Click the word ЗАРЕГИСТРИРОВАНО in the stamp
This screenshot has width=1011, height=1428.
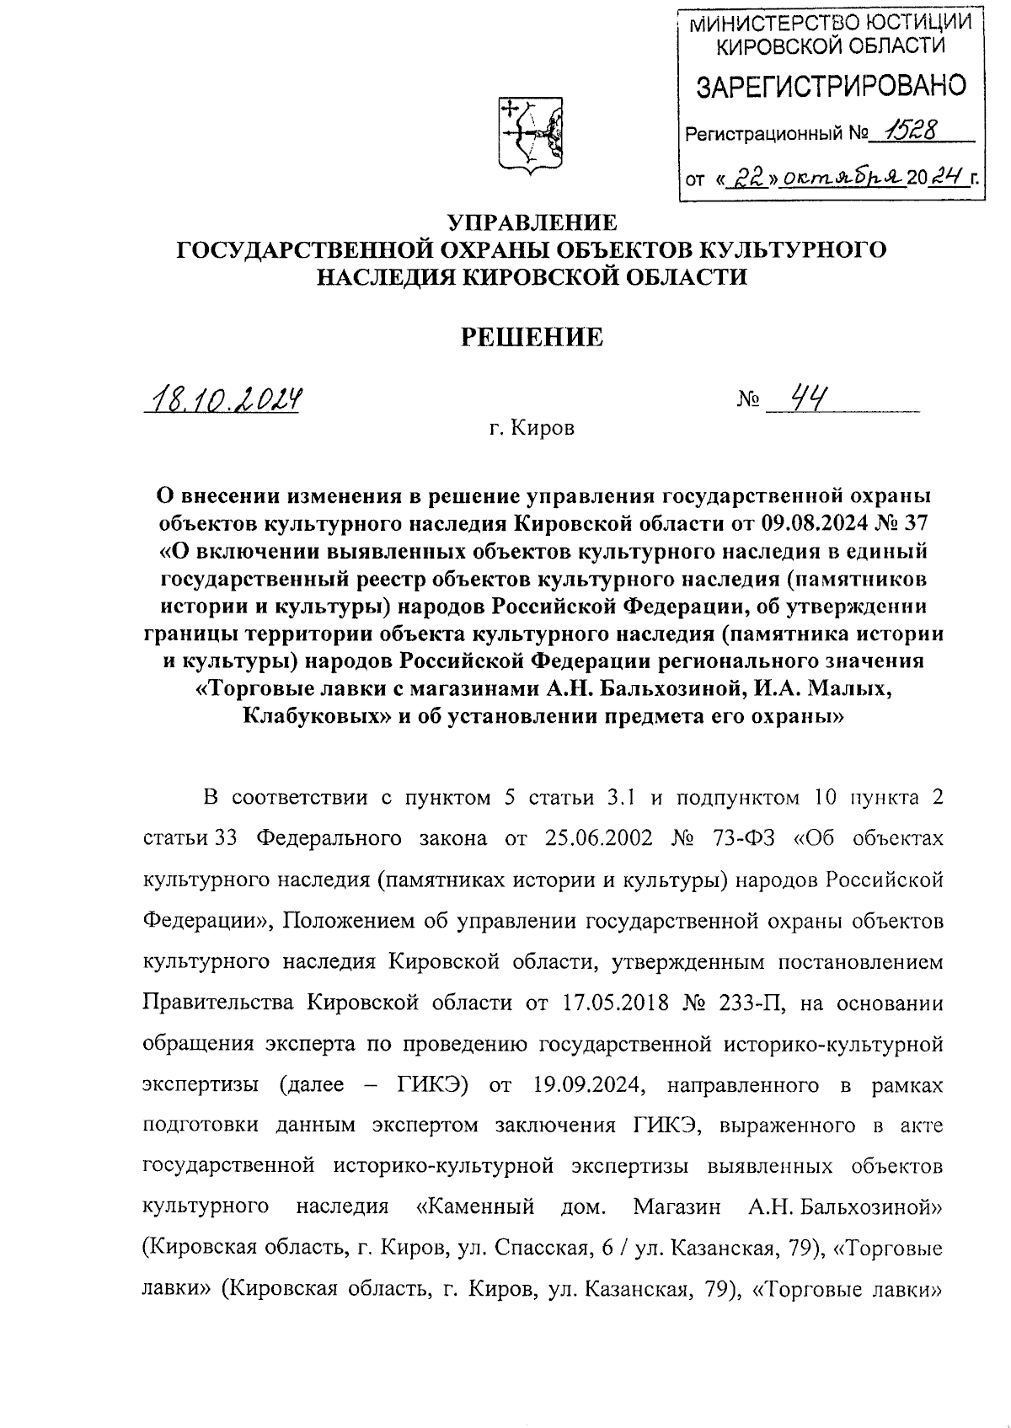click(831, 86)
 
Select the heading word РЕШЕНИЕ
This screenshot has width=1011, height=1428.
click(532, 338)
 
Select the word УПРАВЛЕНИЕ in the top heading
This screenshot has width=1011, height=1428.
click(532, 222)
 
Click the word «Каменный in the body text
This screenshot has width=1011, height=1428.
click(476, 1208)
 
